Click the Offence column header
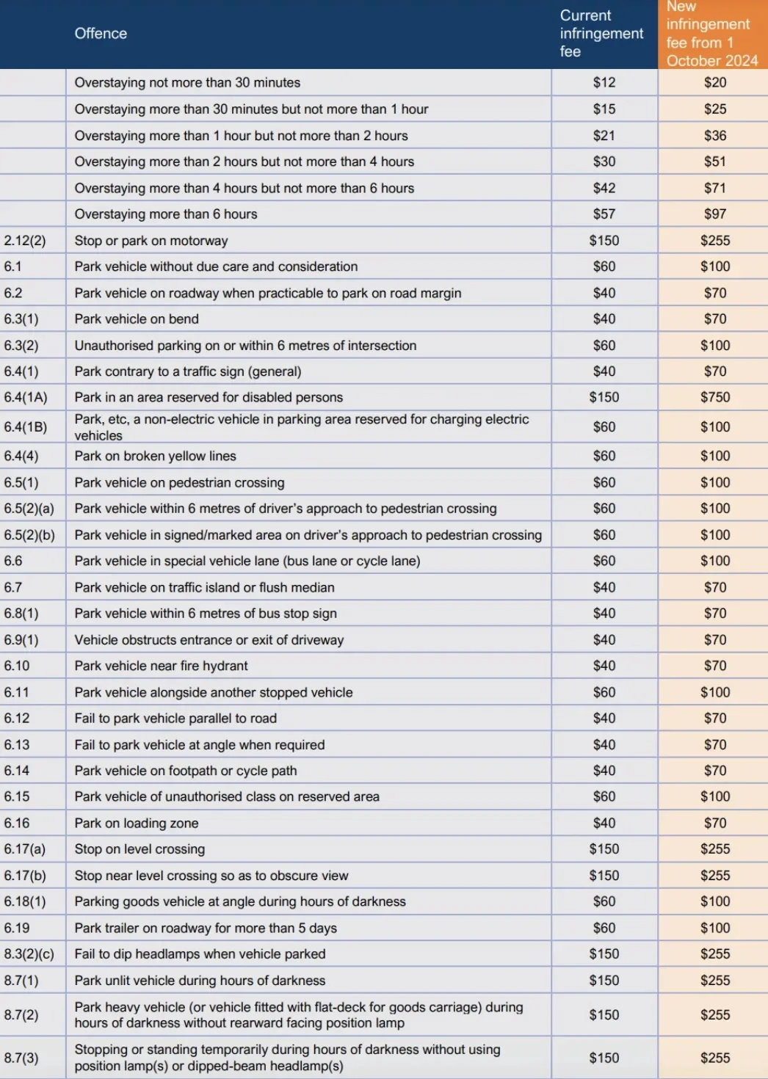tap(101, 34)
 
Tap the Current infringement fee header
tap(601, 34)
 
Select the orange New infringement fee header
tap(711, 34)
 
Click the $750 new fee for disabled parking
tap(714, 397)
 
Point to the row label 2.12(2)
tap(25, 241)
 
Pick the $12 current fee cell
tap(604, 83)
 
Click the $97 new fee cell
tap(714, 214)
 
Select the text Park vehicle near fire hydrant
tap(161, 666)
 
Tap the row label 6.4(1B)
tap(25, 427)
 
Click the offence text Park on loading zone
tap(136, 824)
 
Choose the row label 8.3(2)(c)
tap(29, 954)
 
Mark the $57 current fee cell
tap(604, 214)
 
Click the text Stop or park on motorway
tap(151, 241)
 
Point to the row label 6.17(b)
tap(25, 876)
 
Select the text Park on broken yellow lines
tap(155, 456)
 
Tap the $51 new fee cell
tap(714, 161)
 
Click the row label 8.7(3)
tap(21, 1058)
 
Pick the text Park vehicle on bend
tap(137, 319)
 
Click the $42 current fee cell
tap(604, 188)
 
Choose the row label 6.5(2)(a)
tap(29, 509)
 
